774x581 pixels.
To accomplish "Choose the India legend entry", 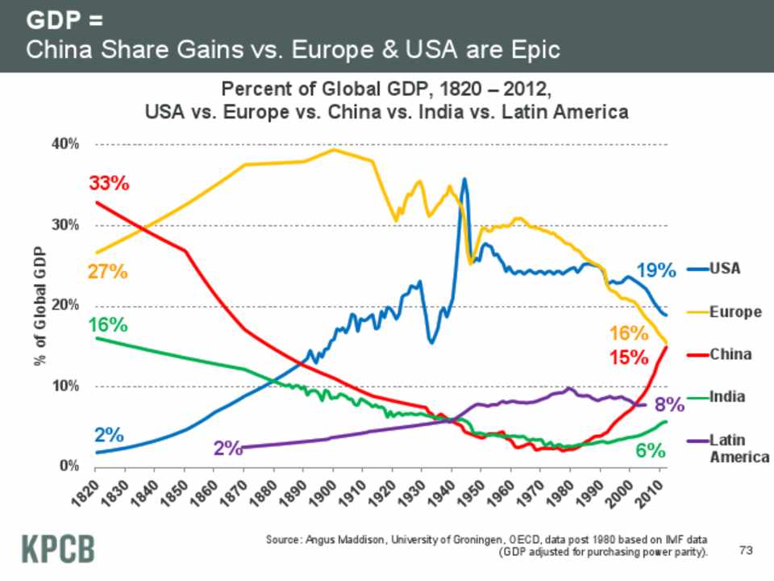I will pyautogui.click(x=726, y=396).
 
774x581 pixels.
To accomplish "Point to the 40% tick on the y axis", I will pyautogui.click(x=64, y=144).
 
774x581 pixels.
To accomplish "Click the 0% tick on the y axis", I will pyautogui.click(x=69, y=466).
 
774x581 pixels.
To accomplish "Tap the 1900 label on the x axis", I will pyautogui.click(x=317, y=492).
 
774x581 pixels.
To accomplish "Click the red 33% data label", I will pyautogui.click(x=109, y=183).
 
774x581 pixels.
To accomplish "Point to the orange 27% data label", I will pyautogui.click(x=108, y=271).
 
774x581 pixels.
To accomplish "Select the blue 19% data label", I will pyautogui.click(x=655, y=270).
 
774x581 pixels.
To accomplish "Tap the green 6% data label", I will pyautogui.click(x=650, y=450).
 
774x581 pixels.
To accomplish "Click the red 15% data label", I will pyautogui.click(x=629, y=356).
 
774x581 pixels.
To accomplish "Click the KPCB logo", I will pyautogui.click(x=57, y=548).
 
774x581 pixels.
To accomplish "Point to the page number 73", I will pyautogui.click(x=745, y=550).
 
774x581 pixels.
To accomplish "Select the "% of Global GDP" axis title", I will pyautogui.click(x=40, y=307).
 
